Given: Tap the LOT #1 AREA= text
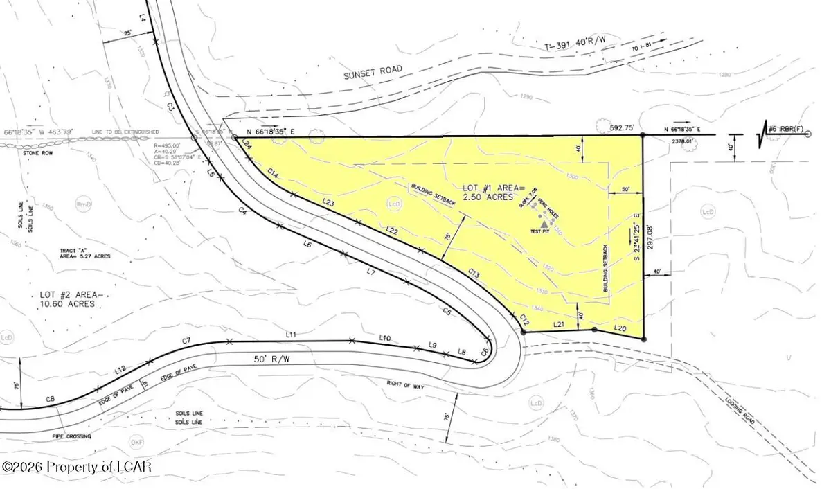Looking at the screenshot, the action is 494,188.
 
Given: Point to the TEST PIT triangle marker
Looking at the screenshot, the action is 545,224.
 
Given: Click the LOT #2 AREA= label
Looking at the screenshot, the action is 71,295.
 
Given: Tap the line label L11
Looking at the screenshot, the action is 291,335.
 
